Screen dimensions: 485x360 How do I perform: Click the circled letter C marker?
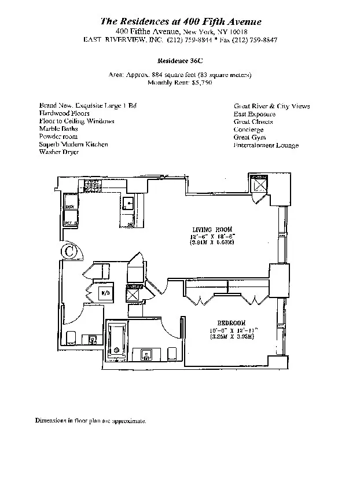click(x=69, y=251)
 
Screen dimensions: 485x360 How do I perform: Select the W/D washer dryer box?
click(x=105, y=293)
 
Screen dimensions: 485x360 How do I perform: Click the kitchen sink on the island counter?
click(x=128, y=203)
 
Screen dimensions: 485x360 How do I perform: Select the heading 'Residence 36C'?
click(x=180, y=60)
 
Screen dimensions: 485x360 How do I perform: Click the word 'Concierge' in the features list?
click(x=248, y=130)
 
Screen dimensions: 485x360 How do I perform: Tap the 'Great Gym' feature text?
click(x=249, y=137)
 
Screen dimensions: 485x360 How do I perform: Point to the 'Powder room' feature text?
click(x=58, y=137)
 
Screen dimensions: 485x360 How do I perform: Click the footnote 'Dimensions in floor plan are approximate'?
click(x=91, y=421)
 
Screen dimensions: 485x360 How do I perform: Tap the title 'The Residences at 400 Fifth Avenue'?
click(x=181, y=21)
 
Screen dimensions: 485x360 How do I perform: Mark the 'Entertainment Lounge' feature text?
click(x=266, y=145)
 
